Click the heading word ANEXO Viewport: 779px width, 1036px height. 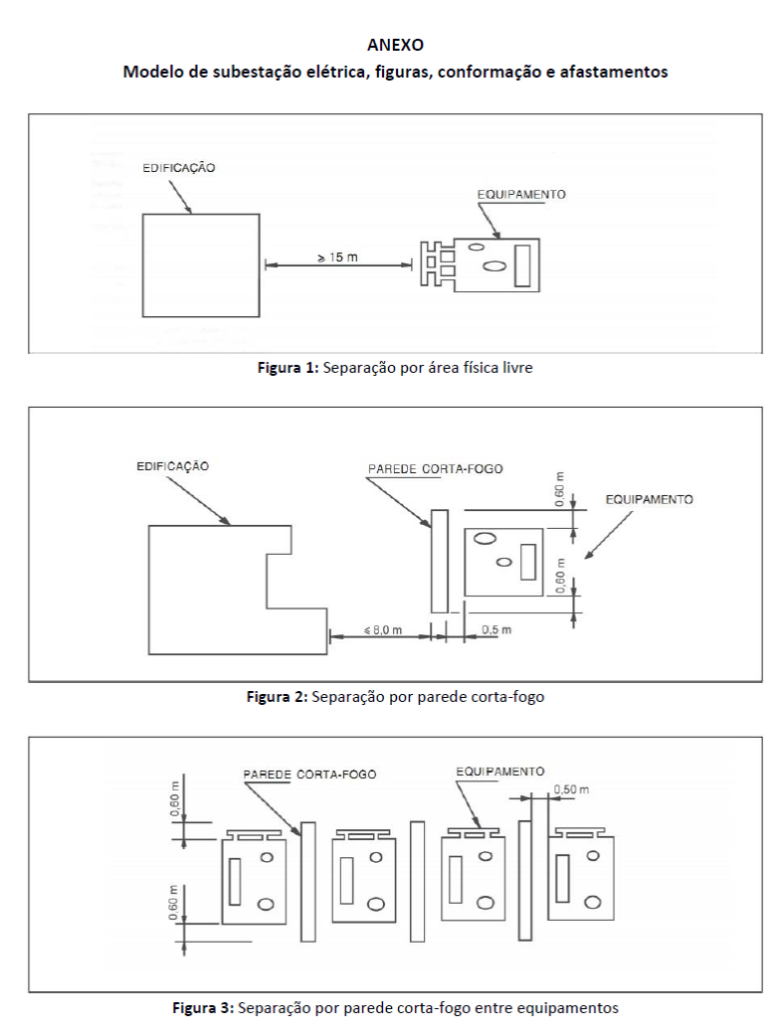tap(395, 45)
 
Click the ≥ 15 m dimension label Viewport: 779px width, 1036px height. tap(337, 258)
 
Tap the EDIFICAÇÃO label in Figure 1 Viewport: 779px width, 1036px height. tap(178, 168)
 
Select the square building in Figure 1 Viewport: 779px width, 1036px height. tap(201, 264)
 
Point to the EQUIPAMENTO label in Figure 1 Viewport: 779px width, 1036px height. tap(521, 194)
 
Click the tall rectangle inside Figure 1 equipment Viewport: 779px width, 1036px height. tap(522, 265)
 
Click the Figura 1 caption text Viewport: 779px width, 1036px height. tap(395, 368)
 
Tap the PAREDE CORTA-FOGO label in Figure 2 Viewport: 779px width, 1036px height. tap(435, 469)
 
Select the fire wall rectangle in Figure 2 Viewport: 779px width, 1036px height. tap(439, 561)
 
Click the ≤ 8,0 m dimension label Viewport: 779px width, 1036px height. tap(383, 629)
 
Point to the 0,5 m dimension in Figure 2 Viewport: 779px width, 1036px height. tap(496, 629)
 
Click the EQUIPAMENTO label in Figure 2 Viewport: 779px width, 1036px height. tap(649, 499)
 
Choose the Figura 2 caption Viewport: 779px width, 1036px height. tap(395, 696)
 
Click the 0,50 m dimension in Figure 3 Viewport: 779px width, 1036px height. tap(571, 788)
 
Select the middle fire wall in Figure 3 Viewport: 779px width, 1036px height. tap(417, 881)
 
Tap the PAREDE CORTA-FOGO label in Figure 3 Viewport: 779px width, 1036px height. tap(309, 775)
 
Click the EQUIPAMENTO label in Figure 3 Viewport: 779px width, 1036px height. tap(500, 772)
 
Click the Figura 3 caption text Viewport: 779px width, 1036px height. tap(395, 1008)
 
